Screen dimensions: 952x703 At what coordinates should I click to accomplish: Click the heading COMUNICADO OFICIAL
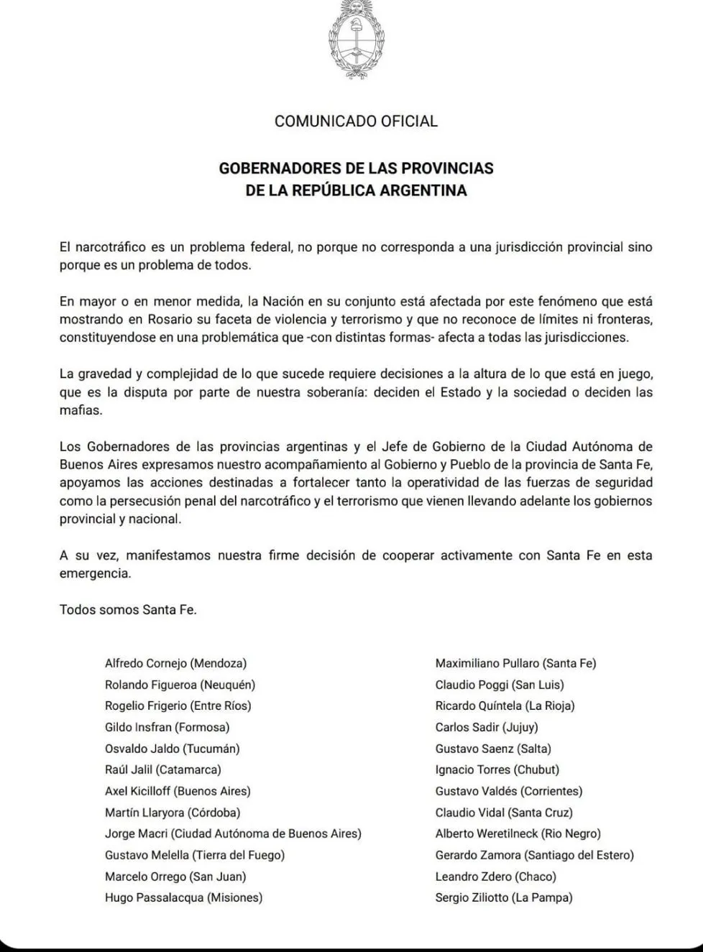pos(356,121)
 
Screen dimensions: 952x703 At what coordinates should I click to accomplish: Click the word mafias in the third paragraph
pos(81,411)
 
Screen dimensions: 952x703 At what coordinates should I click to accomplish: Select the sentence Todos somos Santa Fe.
pos(128,610)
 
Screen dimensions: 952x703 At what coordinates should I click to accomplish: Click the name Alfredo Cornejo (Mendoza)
pos(175,664)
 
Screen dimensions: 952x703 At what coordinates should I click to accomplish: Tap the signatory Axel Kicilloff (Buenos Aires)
pos(178,791)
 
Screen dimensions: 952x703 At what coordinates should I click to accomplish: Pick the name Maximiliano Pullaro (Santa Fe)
pos(515,664)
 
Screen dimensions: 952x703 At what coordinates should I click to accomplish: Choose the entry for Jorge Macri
pos(233,834)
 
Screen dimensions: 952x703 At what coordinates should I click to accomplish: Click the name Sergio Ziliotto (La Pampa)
pos(504,897)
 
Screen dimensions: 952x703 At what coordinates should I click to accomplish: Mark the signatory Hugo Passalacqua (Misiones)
pos(183,897)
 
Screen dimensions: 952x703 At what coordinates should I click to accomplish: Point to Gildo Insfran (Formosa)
pos(167,727)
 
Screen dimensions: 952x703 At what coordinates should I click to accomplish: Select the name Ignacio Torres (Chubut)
pos(497,770)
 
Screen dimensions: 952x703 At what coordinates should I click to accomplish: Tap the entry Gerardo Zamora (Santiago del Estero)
pos(534,855)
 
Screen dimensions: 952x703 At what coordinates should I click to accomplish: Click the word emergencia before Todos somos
pos(95,573)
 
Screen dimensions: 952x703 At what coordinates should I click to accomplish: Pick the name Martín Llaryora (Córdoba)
pos(173,813)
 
